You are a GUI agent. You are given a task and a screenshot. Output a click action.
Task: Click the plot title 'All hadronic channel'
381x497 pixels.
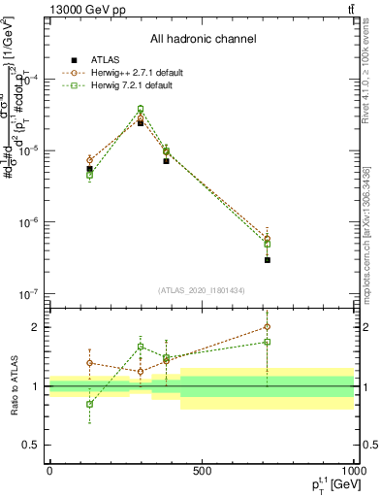click(203, 39)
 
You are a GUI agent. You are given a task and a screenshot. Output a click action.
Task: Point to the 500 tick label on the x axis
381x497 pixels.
click(202, 471)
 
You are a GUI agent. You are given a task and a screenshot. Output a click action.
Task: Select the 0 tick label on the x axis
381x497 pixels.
click(49, 471)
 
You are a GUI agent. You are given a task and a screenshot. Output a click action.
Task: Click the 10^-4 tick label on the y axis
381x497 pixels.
click(30, 80)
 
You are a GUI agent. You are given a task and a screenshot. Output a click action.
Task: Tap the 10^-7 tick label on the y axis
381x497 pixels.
click(30, 293)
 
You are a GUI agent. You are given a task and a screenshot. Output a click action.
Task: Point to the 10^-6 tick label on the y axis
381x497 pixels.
click(30, 222)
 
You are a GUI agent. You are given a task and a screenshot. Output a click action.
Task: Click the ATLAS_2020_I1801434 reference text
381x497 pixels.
click(202, 290)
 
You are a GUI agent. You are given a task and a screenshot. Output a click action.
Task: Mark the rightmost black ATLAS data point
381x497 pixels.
click(267, 260)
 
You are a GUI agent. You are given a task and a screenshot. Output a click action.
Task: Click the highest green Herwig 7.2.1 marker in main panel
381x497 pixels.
click(141, 110)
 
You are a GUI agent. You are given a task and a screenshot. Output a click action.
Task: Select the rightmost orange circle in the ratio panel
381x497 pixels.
click(267, 327)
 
